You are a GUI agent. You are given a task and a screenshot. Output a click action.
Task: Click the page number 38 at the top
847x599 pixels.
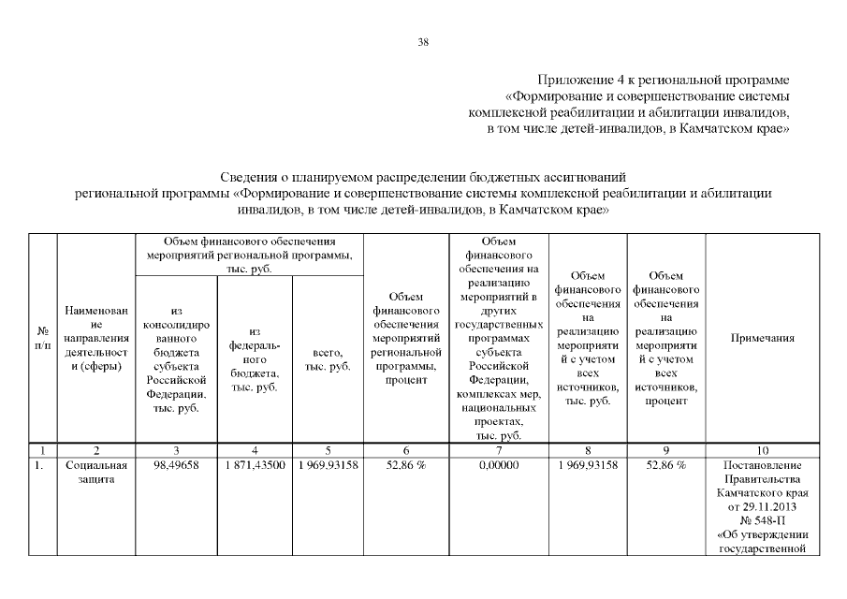[423, 41]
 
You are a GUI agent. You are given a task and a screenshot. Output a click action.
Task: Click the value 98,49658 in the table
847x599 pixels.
[176, 466]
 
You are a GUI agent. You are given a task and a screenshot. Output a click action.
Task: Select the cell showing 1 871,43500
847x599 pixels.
[254, 466]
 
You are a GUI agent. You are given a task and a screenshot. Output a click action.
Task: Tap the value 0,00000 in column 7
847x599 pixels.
[498, 466]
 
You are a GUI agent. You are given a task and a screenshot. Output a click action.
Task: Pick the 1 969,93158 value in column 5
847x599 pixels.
[327, 466]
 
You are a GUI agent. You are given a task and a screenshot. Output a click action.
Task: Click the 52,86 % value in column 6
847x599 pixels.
[405, 466]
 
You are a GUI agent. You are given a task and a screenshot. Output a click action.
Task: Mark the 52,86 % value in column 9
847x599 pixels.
[665, 466]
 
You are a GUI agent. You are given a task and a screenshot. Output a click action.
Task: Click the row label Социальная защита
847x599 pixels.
[96, 473]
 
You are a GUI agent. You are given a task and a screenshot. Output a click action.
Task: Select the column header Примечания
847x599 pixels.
[763, 339]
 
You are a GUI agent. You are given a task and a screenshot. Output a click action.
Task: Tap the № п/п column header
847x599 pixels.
[42, 339]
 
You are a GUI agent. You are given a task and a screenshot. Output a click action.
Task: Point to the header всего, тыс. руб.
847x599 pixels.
[327, 359]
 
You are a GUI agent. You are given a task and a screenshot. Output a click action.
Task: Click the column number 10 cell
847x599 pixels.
[763, 450]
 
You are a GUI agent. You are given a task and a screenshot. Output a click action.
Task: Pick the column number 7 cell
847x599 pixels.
[498, 450]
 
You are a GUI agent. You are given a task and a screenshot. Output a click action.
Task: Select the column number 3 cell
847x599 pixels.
[176, 450]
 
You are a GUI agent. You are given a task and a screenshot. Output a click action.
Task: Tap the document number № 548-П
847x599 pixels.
[763, 520]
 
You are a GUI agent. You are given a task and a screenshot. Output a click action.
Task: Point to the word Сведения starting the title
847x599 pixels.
[249, 177]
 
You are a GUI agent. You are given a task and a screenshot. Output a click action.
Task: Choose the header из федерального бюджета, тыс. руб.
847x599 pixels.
[254, 359]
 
